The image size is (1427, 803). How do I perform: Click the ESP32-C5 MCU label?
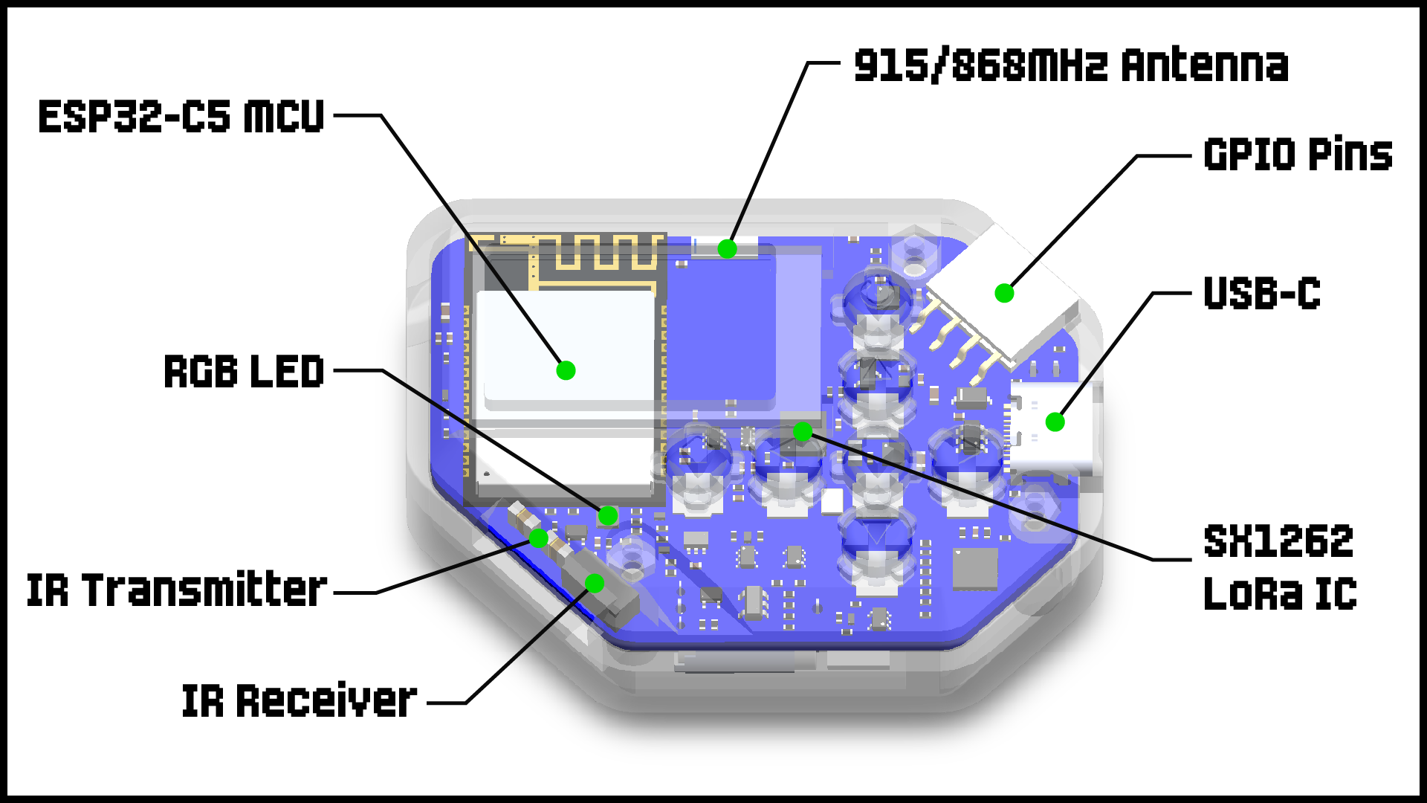(181, 117)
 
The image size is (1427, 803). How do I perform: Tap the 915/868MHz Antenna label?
(1071, 65)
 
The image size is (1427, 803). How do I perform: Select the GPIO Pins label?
(1298, 155)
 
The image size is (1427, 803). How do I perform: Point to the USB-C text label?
(1262, 294)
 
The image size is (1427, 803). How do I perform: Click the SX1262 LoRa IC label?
(1280, 567)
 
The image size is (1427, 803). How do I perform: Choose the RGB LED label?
(244, 371)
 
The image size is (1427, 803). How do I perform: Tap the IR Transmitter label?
(177, 590)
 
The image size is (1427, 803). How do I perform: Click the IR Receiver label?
(299, 700)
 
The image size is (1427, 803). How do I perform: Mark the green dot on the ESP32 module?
(566, 370)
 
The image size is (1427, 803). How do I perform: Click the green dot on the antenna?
(727, 249)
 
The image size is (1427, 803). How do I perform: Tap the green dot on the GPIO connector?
(1004, 293)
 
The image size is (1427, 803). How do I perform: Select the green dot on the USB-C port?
(1055, 422)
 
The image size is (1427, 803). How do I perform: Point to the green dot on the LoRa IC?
(802, 431)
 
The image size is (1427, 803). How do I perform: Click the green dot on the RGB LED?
(608, 515)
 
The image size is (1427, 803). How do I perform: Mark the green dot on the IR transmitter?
(539, 538)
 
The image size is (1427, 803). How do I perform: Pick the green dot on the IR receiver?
(594, 583)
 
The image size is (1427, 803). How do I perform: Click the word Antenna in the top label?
(1205, 65)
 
